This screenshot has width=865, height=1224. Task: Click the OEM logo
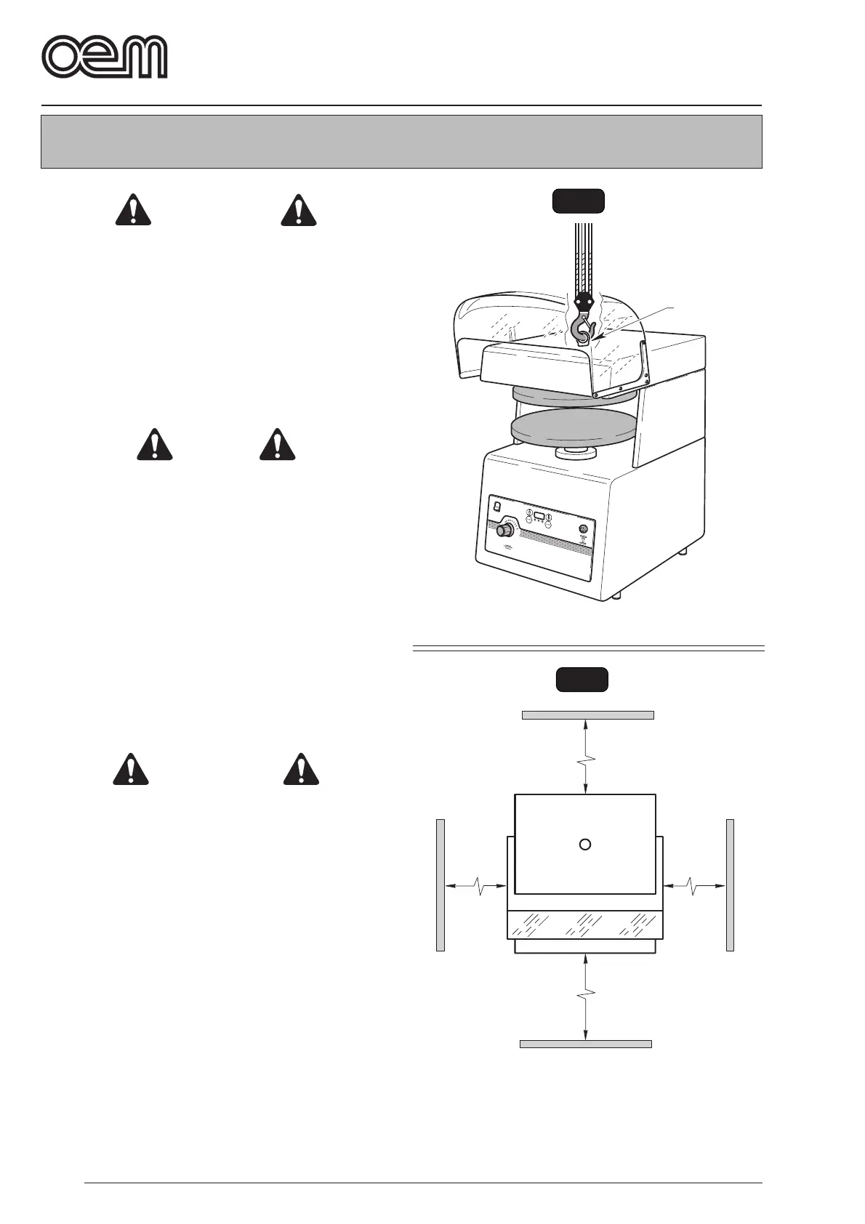[105, 56]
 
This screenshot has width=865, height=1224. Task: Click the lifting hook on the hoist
[584, 329]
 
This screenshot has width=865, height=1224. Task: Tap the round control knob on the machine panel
[502, 531]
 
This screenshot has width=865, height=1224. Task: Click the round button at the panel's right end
[582, 530]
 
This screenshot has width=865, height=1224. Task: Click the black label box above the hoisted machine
[578, 201]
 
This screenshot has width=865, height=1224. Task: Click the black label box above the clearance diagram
[582, 680]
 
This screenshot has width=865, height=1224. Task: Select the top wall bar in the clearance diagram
[587, 715]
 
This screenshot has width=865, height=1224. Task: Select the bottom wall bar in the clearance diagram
[585, 1044]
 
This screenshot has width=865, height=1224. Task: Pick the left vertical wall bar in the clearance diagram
[440, 885]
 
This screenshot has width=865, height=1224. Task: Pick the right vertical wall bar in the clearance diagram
[730, 885]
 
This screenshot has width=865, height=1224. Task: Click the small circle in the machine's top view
[584, 844]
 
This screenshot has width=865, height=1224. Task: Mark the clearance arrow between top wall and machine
[587, 756]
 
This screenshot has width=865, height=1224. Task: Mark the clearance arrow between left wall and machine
[475, 885]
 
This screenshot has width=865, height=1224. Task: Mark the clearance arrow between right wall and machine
[694, 885]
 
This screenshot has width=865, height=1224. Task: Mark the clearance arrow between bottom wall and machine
[586, 996]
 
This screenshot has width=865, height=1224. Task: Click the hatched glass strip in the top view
[584, 924]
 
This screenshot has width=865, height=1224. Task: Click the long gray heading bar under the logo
[401, 142]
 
